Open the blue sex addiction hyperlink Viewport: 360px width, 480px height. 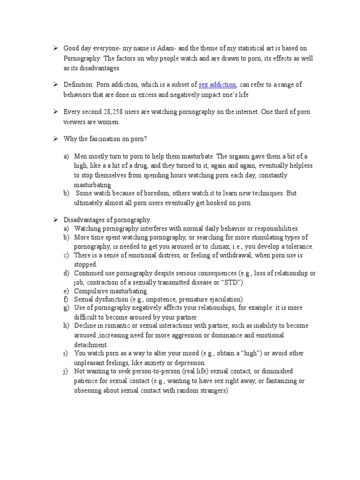(217, 85)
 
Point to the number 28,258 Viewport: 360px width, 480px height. (111, 112)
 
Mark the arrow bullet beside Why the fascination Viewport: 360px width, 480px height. (55, 139)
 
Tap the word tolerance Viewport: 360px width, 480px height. (298, 247)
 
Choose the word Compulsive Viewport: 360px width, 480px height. (90, 292)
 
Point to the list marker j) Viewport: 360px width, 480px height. (65, 372)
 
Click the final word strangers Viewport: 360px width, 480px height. (214, 390)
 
